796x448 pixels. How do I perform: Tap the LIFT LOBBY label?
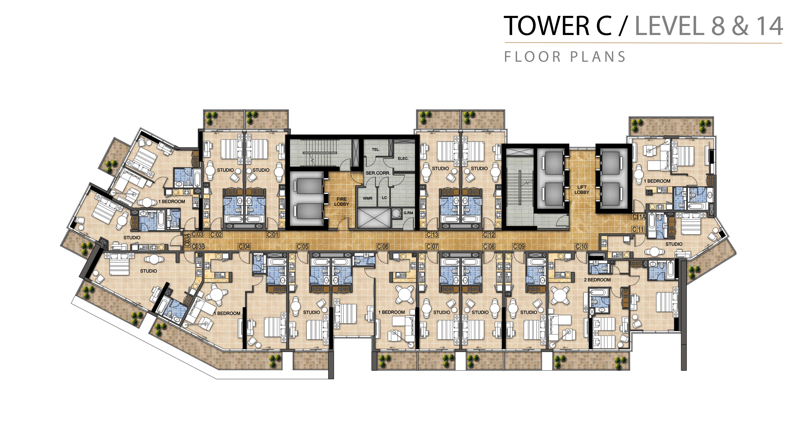582,189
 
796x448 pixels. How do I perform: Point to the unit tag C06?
383,246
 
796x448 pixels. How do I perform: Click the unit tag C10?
581,246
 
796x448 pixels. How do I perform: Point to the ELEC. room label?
403,159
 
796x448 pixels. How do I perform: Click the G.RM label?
408,213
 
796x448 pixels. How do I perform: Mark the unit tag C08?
489,246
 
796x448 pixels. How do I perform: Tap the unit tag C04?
244,246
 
